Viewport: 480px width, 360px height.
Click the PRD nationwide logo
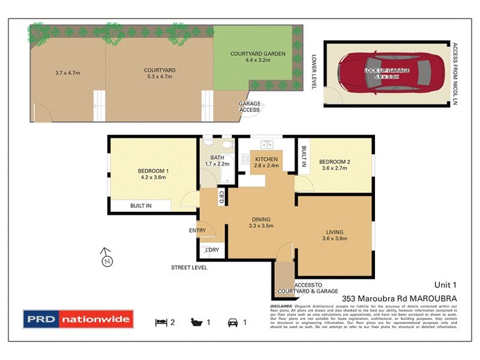[77, 319]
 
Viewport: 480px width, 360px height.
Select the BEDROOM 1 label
[153, 171]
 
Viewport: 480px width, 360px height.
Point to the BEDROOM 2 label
[335, 162]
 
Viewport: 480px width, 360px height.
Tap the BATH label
[217, 157]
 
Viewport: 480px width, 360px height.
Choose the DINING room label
[261, 219]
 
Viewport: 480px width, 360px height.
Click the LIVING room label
[335, 232]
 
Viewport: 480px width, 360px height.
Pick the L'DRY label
[211, 250]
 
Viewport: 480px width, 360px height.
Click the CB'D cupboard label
[221, 196]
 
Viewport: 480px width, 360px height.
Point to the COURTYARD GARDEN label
[257, 54]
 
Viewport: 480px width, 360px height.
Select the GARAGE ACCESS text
[250, 107]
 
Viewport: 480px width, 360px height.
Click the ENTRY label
[197, 230]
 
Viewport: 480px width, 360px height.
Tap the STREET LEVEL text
[189, 268]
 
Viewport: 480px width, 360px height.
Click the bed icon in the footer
[161, 323]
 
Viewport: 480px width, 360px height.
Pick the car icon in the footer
[232, 323]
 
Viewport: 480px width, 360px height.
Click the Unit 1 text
[446, 284]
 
